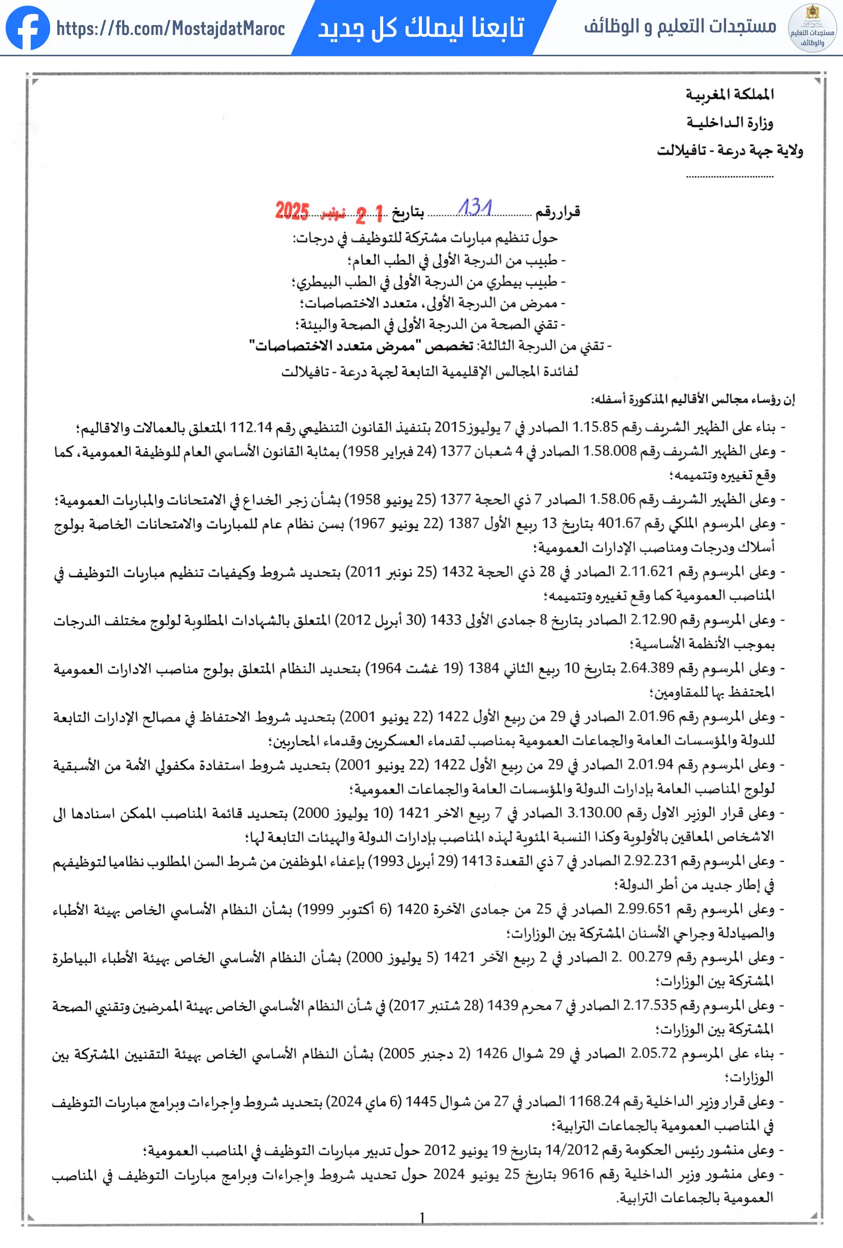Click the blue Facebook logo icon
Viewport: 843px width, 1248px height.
[x=28, y=28]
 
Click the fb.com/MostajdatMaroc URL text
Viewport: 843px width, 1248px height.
[x=171, y=29]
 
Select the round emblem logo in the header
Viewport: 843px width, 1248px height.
[x=812, y=28]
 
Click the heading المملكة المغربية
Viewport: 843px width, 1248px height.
[x=730, y=95]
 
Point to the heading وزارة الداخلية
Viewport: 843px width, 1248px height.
[x=730, y=122]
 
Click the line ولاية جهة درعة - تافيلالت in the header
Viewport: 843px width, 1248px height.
[x=730, y=150]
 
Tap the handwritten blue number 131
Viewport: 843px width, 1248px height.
[x=475, y=207]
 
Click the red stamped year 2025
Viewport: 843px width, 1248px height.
[x=292, y=211]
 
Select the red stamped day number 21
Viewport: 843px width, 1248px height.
[x=370, y=214]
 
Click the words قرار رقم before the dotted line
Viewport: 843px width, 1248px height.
[x=558, y=213]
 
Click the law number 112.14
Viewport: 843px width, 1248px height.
[x=251, y=427]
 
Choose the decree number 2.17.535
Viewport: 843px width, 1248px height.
[x=650, y=1005]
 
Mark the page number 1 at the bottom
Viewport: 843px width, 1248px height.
[x=423, y=1217]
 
